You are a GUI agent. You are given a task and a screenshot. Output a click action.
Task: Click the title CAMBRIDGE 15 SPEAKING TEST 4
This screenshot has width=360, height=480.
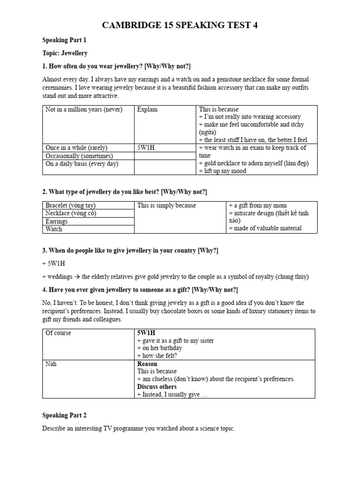[x=180, y=25]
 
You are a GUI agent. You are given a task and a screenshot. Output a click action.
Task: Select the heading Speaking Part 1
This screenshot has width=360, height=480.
[x=64, y=40]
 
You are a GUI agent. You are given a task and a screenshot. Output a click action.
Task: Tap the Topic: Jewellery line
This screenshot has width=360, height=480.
[x=65, y=53]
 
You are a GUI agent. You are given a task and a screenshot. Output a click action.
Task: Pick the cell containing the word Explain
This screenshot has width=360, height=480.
[x=147, y=110]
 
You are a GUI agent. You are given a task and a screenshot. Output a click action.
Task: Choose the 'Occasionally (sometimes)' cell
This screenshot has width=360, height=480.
[x=79, y=156]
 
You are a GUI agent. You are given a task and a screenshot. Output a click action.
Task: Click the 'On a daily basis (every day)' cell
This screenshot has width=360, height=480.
[x=82, y=164]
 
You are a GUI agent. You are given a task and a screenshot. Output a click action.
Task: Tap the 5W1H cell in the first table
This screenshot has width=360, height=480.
[x=146, y=148]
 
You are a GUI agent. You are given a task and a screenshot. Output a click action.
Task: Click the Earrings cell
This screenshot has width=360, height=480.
[x=56, y=221]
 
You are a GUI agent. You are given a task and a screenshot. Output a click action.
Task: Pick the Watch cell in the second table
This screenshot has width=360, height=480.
[x=53, y=229]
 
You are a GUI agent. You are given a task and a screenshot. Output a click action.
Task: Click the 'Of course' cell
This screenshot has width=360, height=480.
[x=58, y=333]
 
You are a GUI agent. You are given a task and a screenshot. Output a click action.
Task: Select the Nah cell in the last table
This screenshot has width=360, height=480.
[x=51, y=364]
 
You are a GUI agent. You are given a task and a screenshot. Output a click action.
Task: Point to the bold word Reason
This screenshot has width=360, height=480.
[x=147, y=364]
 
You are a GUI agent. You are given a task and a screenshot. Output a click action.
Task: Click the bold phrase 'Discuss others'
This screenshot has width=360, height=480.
[x=157, y=387]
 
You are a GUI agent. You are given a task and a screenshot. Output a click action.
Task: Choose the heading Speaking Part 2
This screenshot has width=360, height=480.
[x=64, y=415]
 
